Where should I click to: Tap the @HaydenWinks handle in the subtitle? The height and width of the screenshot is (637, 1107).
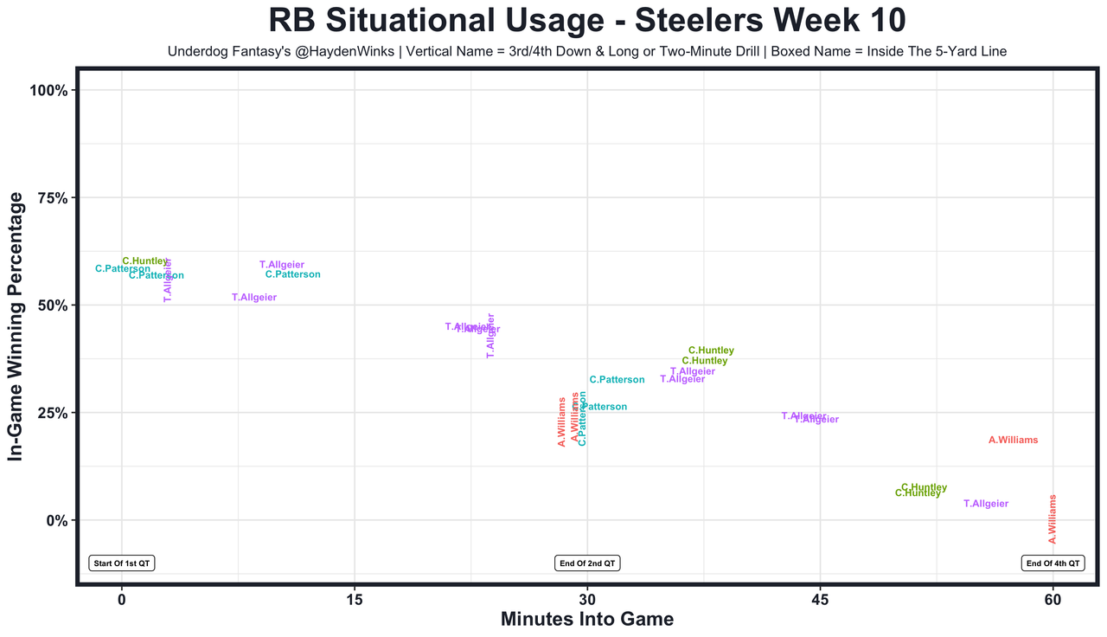click(x=317, y=52)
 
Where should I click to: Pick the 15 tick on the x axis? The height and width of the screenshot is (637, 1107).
click(x=355, y=599)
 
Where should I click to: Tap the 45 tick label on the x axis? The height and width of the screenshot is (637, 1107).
click(x=820, y=599)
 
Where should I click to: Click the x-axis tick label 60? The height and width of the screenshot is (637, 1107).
click(x=1053, y=599)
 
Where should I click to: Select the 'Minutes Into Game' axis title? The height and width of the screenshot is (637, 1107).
click(x=587, y=620)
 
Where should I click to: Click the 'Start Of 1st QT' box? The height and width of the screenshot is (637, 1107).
click(x=122, y=563)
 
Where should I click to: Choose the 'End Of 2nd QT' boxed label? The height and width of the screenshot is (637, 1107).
click(x=587, y=563)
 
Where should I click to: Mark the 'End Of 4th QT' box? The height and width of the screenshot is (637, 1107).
click(x=1053, y=563)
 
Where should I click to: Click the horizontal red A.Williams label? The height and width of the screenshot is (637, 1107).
click(x=1013, y=441)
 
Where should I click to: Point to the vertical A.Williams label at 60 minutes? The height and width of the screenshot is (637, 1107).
click(x=1053, y=519)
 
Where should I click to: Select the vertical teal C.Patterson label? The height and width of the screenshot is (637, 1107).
click(x=583, y=418)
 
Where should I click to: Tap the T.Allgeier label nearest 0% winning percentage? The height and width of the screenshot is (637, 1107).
click(x=986, y=504)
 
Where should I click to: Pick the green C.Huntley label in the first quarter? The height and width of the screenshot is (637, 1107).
click(x=145, y=261)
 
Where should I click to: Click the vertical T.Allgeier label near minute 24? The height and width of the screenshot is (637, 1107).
click(x=491, y=336)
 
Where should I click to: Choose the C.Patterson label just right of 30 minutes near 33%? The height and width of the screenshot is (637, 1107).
click(x=617, y=380)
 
